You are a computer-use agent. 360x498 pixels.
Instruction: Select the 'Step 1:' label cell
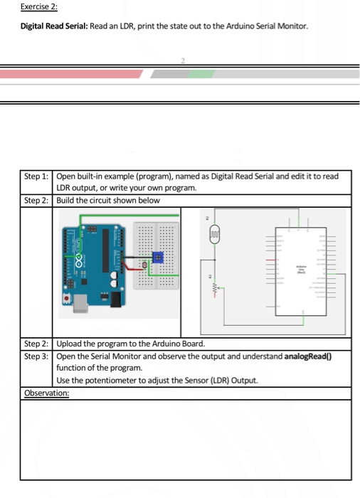click(36, 176)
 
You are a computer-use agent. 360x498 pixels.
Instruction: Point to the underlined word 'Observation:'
click(46, 392)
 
